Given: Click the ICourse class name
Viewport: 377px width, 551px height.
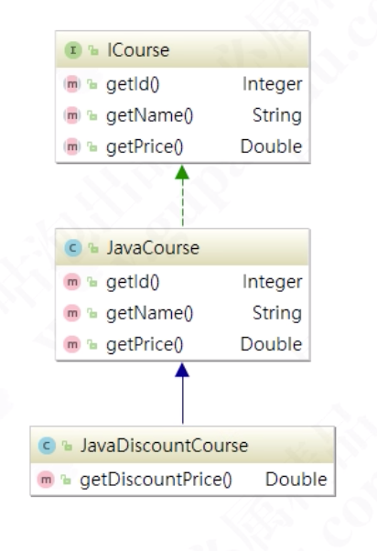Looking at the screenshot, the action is pyautogui.click(x=138, y=50).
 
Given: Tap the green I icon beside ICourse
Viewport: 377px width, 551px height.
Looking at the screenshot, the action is pyautogui.click(x=73, y=50).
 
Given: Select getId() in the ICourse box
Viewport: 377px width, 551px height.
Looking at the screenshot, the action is pyautogui.click(x=133, y=85).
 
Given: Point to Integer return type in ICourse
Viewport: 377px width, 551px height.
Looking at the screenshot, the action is pyautogui.click(x=272, y=84).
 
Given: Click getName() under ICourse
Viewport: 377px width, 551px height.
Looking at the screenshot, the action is pyautogui.click(x=150, y=116).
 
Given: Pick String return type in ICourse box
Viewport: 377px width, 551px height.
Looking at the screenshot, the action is pyautogui.click(x=277, y=115).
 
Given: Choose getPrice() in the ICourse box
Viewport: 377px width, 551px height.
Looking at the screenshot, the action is pyautogui.click(x=145, y=146).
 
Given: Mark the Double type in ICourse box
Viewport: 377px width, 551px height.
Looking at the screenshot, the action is pyautogui.click(x=271, y=146).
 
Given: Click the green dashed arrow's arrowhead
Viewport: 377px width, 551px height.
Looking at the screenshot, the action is pyautogui.click(x=182, y=172).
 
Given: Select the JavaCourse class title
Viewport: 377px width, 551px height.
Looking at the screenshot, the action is pyautogui.click(x=153, y=248).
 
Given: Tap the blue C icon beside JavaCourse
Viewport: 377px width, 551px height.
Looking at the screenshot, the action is pyautogui.click(x=73, y=248).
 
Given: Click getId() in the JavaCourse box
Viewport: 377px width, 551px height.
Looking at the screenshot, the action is pyautogui.click(x=133, y=282).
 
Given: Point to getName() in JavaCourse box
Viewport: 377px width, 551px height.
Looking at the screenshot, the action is pyautogui.click(x=150, y=313).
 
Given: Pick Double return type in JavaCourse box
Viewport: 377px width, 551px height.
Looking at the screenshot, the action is pyautogui.click(x=271, y=344).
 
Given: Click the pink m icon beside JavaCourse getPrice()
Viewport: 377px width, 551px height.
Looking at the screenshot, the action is pyautogui.click(x=72, y=344).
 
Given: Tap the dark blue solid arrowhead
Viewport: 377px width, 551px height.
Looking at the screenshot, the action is pyautogui.click(x=182, y=370).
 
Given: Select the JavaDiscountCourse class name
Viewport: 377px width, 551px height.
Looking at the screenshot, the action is pyautogui.click(x=164, y=446).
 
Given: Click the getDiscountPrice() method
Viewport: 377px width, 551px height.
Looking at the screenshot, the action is pyautogui.click(x=156, y=480).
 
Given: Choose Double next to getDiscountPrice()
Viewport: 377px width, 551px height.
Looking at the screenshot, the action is pyautogui.click(x=296, y=480).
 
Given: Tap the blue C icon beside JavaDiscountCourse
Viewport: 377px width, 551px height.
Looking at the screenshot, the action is pyautogui.click(x=47, y=446).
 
